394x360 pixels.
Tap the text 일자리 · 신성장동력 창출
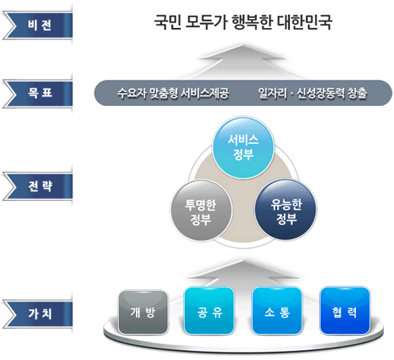click(x=312, y=93)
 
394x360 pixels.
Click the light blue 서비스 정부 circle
click(x=243, y=148)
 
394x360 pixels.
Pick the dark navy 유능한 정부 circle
click(x=286, y=212)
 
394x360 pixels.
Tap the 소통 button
click(x=276, y=313)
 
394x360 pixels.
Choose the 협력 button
click(x=344, y=313)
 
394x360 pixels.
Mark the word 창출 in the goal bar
click(x=357, y=93)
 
